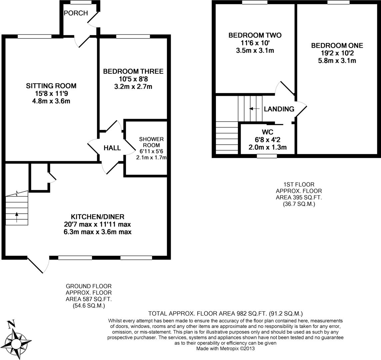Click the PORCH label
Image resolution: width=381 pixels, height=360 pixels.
76,13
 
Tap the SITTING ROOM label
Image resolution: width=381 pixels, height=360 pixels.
51,86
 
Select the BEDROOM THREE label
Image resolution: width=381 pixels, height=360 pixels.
133,71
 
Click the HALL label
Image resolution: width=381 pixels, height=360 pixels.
112,148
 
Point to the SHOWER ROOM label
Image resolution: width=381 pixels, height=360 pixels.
151,142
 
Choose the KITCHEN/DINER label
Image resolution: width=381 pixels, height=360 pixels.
97,217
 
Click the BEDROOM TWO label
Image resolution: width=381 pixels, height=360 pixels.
255,35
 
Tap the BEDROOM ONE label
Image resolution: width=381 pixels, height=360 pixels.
337,45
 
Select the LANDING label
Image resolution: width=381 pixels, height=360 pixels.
279,109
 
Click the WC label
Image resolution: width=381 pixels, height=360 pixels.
268,132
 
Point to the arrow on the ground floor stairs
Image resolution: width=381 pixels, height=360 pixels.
17,217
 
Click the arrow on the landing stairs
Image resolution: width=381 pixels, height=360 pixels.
254,109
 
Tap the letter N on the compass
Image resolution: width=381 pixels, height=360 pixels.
10,324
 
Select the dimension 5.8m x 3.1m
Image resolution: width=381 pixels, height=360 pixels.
337,60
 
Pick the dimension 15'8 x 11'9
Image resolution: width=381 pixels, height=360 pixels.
51,94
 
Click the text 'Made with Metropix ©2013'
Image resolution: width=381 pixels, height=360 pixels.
225,349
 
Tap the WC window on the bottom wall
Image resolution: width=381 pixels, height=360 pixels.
267,156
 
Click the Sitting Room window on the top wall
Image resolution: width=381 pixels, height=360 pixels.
35,36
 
